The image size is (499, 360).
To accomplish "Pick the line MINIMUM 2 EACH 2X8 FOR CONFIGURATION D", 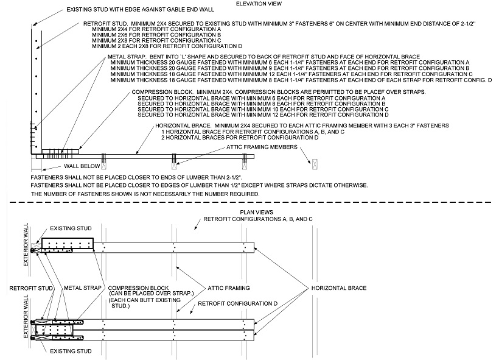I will [167, 46].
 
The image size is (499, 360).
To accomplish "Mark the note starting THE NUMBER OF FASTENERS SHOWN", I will [146, 194].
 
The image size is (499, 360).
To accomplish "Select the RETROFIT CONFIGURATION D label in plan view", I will [237, 303].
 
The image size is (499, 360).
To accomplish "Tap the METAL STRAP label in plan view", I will [82, 287].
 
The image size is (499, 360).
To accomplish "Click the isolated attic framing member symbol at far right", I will [315, 163].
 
